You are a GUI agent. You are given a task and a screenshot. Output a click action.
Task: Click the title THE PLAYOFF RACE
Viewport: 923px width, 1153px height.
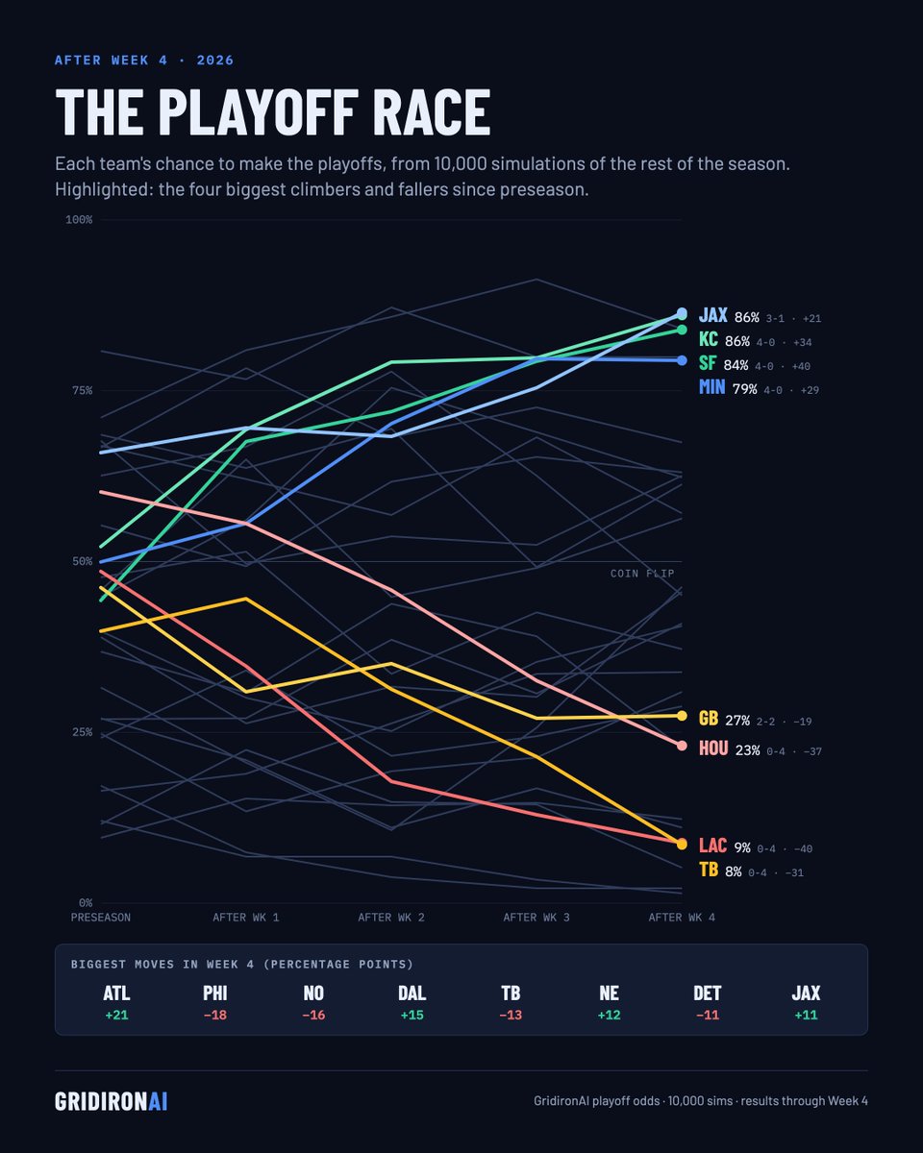[x=272, y=112]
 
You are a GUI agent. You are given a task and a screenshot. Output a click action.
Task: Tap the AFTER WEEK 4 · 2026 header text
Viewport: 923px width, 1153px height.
[x=144, y=60]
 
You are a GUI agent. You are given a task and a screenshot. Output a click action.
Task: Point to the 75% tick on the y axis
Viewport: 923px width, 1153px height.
[x=82, y=391]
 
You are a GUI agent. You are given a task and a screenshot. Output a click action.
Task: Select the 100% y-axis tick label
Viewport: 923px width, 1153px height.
[x=79, y=220]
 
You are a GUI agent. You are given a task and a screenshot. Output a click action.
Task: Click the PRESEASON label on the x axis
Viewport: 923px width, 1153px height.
[x=101, y=918]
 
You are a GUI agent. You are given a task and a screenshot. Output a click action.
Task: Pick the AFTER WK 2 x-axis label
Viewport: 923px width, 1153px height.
[x=391, y=918]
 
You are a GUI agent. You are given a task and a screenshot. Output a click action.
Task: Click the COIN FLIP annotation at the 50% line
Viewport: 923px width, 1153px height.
[x=642, y=574]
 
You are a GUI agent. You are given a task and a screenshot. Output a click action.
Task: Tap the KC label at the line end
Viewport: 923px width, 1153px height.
[x=708, y=339]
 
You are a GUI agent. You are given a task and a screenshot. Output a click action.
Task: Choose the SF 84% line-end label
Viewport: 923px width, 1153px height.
[x=723, y=364]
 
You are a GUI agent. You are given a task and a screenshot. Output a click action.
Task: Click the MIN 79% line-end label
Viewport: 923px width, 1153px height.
[x=728, y=387]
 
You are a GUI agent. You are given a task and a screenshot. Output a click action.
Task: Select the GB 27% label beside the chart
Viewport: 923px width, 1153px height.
[x=724, y=719]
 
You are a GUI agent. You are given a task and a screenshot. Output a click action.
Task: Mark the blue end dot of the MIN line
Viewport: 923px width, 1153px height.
[x=682, y=360]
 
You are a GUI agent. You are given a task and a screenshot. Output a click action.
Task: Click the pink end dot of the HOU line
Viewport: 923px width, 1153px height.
[x=682, y=746]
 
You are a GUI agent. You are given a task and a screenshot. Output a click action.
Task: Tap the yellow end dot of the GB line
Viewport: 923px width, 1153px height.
[x=682, y=716]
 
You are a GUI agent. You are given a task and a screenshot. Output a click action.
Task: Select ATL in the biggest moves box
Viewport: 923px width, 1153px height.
[x=116, y=994]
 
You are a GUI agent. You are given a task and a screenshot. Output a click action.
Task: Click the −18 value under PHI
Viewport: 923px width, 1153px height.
[x=215, y=1016]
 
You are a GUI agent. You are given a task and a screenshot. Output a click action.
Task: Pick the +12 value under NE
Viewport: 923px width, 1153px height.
[x=609, y=1016]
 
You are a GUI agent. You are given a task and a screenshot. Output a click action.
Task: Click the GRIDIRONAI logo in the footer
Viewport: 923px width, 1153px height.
[x=111, y=1101]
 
